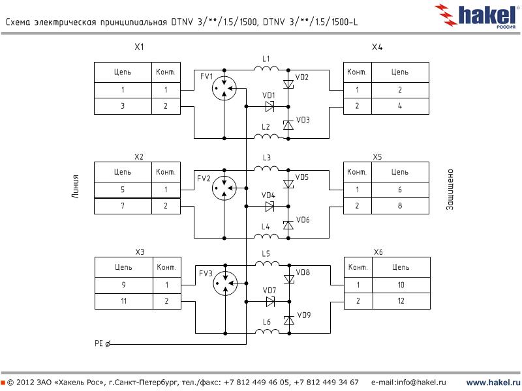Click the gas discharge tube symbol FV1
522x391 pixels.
224,88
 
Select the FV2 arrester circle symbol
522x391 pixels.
224,188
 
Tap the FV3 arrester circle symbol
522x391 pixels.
224,283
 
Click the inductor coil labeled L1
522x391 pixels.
266,68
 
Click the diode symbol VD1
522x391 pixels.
269,106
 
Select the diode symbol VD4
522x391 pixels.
269,206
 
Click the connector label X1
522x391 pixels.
139,48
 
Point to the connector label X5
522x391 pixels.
378,157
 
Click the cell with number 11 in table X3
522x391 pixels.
123,302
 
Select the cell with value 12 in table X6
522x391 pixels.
401,302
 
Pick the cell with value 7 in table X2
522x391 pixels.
123,206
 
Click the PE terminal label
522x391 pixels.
99,343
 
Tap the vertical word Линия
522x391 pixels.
76,186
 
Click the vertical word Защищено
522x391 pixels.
450,188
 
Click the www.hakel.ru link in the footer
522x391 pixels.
492,383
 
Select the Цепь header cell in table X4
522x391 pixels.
400,72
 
